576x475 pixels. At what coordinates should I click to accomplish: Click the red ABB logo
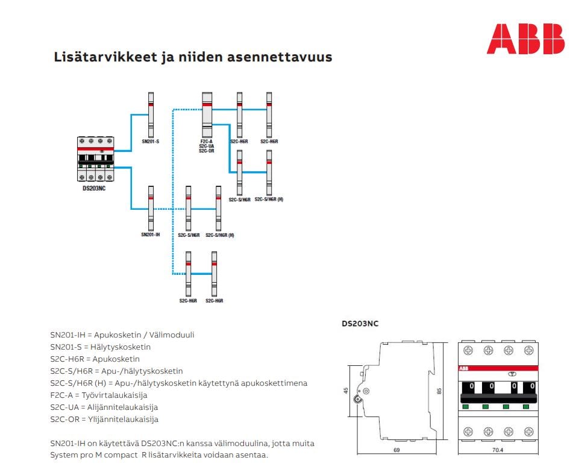525,39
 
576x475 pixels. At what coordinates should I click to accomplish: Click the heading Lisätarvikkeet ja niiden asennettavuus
193,58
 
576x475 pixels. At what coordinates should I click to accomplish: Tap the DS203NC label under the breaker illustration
95,189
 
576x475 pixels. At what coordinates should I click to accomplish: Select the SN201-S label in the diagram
150,142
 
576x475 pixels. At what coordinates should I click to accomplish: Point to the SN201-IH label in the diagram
150,234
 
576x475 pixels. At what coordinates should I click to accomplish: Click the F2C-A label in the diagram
207,142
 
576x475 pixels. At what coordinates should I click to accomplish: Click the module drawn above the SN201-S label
151,115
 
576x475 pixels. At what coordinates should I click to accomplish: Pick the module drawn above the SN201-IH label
151,208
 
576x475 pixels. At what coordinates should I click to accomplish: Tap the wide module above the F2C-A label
207,115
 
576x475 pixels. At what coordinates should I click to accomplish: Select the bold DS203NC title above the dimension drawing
360,324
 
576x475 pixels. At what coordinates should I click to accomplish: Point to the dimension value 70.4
498,450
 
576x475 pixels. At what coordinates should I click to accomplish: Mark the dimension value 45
345,391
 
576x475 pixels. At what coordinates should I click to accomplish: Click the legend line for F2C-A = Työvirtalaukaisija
99,395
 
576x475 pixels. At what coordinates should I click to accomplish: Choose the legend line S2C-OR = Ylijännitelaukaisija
104,419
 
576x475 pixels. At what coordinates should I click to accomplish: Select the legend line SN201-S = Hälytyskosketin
101,347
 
